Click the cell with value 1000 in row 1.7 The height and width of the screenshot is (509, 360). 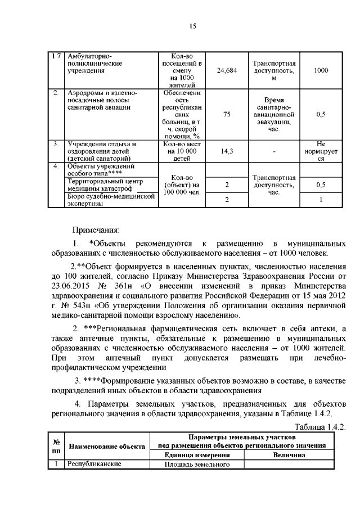[321, 71]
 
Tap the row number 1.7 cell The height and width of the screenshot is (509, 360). [56, 56]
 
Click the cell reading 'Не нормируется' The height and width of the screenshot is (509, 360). [321, 151]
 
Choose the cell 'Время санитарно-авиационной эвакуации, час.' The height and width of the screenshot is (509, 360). [274, 114]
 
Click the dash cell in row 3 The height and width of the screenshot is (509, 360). [274, 151]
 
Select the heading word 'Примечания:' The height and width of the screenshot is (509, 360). [95, 229]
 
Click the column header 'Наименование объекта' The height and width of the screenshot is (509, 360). [107, 447]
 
